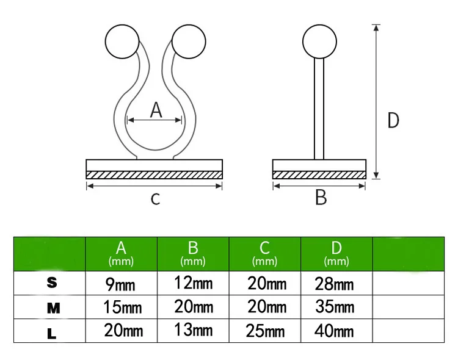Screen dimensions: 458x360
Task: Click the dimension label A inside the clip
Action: (x=156, y=110)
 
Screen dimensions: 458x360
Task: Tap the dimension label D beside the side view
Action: (x=393, y=120)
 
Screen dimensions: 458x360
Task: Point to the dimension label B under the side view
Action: (x=320, y=197)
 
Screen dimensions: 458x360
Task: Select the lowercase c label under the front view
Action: (x=155, y=198)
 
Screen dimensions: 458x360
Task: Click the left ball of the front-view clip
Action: (x=120, y=40)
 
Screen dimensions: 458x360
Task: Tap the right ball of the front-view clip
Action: (x=187, y=40)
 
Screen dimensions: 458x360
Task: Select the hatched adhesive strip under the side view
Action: (x=319, y=175)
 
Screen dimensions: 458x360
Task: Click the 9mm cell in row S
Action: (x=120, y=284)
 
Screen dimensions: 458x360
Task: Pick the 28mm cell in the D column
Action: (x=335, y=284)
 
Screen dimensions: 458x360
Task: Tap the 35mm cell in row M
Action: (x=335, y=307)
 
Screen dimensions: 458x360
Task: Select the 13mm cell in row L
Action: (x=192, y=330)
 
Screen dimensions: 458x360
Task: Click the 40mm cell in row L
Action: (x=335, y=331)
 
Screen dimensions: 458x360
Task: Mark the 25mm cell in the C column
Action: (x=266, y=331)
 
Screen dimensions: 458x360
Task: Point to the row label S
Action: (x=52, y=284)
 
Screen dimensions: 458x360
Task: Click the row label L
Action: (x=52, y=333)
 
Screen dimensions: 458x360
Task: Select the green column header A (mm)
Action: (x=121, y=253)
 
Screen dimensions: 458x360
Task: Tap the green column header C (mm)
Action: (x=264, y=253)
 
